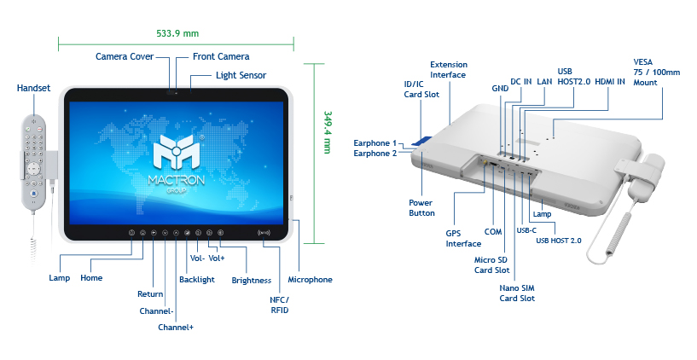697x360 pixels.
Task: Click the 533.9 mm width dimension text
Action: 177,34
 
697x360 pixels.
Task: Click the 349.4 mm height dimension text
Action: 327,132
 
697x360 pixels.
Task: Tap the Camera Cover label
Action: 125,56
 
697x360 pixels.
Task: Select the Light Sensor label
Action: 241,75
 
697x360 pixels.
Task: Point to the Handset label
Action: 34,88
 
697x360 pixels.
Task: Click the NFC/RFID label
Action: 279,304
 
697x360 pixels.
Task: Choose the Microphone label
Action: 310,279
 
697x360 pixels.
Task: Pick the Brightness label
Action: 251,280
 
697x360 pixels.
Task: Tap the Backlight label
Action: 197,279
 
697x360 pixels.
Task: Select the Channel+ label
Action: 176,327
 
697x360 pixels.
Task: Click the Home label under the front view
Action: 91,278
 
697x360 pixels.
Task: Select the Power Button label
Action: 421,208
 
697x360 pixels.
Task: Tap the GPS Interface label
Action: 464,237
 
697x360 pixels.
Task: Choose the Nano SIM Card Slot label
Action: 517,293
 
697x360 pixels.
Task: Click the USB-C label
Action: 527,229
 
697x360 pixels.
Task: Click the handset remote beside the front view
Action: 35,159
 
